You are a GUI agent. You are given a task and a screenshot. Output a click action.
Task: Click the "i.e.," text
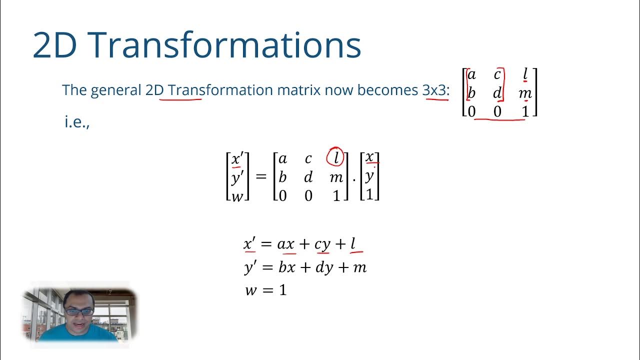coord(76,121)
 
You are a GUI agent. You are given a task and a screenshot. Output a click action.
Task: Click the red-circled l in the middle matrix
coord(335,158)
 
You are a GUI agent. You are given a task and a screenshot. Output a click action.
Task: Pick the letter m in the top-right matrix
coord(525,93)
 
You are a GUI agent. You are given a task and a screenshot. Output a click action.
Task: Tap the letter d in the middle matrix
coord(308,177)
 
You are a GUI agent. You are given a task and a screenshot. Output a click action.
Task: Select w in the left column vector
coord(237,195)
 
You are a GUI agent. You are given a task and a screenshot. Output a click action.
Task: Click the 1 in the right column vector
coord(369,194)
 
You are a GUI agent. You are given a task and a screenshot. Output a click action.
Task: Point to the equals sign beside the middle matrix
coord(261,176)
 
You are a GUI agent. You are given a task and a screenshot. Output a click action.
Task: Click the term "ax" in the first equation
coord(286,244)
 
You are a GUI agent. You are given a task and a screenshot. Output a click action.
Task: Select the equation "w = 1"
coord(265,290)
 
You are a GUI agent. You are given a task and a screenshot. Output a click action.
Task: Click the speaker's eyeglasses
coord(79,311)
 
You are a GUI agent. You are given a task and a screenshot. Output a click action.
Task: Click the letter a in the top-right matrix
coord(471,75)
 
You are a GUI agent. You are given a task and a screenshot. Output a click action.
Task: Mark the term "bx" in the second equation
coord(287,267)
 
